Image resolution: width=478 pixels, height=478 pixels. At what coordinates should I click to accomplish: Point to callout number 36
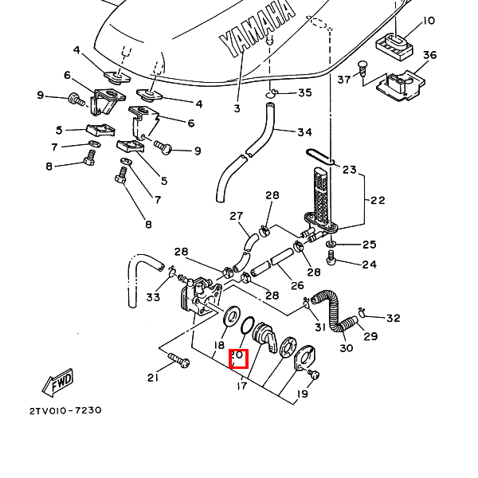(430, 55)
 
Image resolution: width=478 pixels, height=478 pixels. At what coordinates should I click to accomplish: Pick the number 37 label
(344, 79)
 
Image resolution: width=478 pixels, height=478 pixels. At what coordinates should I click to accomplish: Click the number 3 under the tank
(237, 108)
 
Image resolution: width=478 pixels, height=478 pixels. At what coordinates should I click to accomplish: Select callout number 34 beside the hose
(304, 132)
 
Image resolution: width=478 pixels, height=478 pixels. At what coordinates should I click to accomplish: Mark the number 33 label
(153, 297)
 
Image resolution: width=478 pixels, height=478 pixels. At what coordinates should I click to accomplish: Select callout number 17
(242, 386)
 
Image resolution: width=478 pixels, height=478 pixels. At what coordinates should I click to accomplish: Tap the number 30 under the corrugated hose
(346, 347)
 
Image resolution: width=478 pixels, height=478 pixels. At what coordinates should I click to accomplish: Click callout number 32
(394, 319)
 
